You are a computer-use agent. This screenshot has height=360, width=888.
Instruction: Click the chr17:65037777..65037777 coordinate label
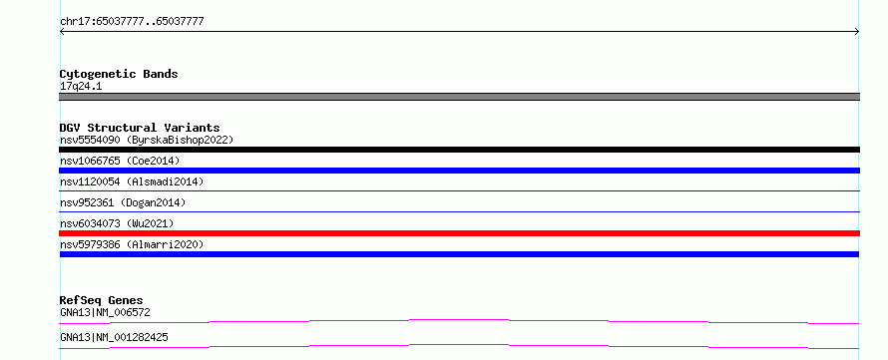pyautogui.click(x=132, y=22)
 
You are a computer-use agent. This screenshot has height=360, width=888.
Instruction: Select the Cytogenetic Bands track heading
pyautogui.click(x=119, y=74)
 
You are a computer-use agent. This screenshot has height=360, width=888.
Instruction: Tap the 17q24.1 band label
pyautogui.click(x=81, y=87)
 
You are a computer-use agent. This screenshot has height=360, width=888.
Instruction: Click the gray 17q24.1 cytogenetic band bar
pyautogui.click(x=459, y=97)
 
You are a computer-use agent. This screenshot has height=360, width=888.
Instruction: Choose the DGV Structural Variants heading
pyautogui.click(x=140, y=128)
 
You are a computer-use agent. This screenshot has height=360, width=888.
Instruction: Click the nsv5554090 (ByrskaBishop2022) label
pyautogui.click(x=147, y=140)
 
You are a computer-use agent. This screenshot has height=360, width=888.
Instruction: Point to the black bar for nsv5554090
pyautogui.click(x=459, y=150)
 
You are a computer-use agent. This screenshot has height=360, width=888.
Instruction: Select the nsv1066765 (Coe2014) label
pyautogui.click(x=120, y=161)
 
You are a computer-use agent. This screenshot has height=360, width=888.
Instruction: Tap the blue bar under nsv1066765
pyautogui.click(x=459, y=171)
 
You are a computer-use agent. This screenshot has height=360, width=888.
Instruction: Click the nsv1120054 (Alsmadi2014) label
pyautogui.click(x=132, y=181)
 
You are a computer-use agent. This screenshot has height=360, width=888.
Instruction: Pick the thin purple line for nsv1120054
pyautogui.click(x=459, y=190)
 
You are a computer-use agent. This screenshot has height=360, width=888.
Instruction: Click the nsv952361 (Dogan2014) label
pyautogui.click(x=123, y=202)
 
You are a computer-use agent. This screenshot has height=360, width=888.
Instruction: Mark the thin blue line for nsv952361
pyautogui.click(x=459, y=211)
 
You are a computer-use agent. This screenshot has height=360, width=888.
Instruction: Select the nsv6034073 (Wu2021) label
pyautogui.click(x=117, y=223)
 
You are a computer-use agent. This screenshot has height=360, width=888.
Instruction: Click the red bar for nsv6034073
pyautogui.click(x=459, y=233)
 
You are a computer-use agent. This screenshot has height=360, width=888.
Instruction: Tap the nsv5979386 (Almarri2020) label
pyautogui.click(x=132, y=244)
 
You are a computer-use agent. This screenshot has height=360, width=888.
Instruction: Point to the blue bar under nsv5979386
pyautogui.click(x=459, y=254)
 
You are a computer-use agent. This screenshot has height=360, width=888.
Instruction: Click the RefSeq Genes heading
pyautogui.click(x=102, y=300)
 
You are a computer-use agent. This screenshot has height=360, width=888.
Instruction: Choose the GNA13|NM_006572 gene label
pyautogui.click(x=105, y=312)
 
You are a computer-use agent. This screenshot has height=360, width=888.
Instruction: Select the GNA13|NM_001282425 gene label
pyautogui.click(x=114, y=337)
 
